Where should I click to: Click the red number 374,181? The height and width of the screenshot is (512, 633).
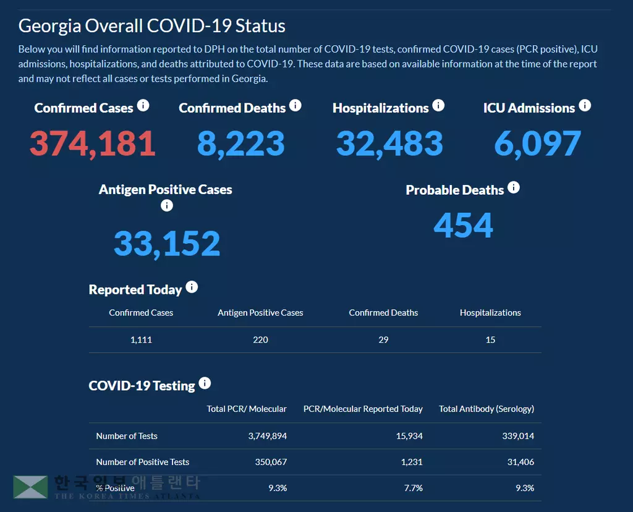(92, 143)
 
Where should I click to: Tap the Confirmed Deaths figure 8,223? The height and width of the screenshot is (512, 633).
(240, 143)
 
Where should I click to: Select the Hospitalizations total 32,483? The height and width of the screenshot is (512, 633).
(389, 143)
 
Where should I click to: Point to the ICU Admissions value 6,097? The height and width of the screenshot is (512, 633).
(537, 143)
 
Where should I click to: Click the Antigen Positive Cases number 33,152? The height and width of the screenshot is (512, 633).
(167, 244)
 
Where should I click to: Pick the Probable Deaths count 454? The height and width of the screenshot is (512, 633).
(463, 225)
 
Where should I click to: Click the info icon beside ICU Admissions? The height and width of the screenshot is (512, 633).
(584, 106)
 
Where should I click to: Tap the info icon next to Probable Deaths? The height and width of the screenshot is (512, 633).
(513, 187)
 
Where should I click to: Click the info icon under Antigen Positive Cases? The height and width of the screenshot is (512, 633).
(166, 206)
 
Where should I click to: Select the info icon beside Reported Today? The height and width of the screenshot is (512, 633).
(192, 287)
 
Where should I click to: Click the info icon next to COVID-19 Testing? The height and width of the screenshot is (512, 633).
(205, 383)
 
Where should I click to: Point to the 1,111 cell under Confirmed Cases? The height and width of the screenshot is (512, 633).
(141, 339)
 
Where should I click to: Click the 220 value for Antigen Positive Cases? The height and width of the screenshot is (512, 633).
(260, 339)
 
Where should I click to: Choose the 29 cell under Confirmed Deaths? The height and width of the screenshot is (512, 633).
(383, 339)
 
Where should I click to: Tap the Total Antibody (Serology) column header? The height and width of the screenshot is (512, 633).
(486, 409)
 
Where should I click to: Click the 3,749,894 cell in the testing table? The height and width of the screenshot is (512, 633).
(267, 436)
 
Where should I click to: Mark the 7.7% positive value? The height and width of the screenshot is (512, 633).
(413, 488)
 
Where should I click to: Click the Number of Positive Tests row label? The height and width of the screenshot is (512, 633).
(143, 462)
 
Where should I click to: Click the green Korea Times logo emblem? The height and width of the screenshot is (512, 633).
(30, 487)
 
